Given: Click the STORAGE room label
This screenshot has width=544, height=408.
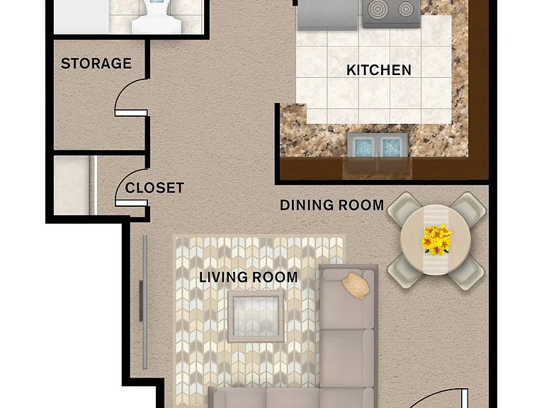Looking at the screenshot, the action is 96,64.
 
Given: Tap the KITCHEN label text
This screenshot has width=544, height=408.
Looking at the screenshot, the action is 379,70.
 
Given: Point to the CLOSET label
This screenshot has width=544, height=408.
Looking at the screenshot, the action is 154,188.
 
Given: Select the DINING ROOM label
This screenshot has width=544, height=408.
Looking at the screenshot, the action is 332,205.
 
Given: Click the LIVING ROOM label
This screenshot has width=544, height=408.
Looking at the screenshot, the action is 249,277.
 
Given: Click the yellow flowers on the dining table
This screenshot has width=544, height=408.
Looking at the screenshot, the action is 436,239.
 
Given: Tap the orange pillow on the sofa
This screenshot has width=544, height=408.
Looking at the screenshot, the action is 356,285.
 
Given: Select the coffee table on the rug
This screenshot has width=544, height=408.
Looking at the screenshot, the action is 256,317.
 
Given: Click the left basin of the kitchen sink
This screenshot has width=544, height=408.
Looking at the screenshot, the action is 363,147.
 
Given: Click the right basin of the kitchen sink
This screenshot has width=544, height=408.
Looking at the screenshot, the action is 391,147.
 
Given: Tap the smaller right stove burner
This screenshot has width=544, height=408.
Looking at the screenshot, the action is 406,9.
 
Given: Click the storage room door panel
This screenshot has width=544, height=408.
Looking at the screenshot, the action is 131,113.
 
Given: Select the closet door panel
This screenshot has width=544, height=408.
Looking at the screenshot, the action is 132,203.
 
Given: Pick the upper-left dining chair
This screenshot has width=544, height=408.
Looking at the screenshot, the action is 404,209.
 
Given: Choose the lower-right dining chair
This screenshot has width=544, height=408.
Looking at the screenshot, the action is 466,272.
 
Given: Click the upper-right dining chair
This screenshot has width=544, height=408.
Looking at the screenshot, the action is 468,209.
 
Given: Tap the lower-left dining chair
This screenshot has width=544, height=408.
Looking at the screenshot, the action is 406,271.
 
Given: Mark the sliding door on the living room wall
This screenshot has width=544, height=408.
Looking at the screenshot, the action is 144,302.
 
